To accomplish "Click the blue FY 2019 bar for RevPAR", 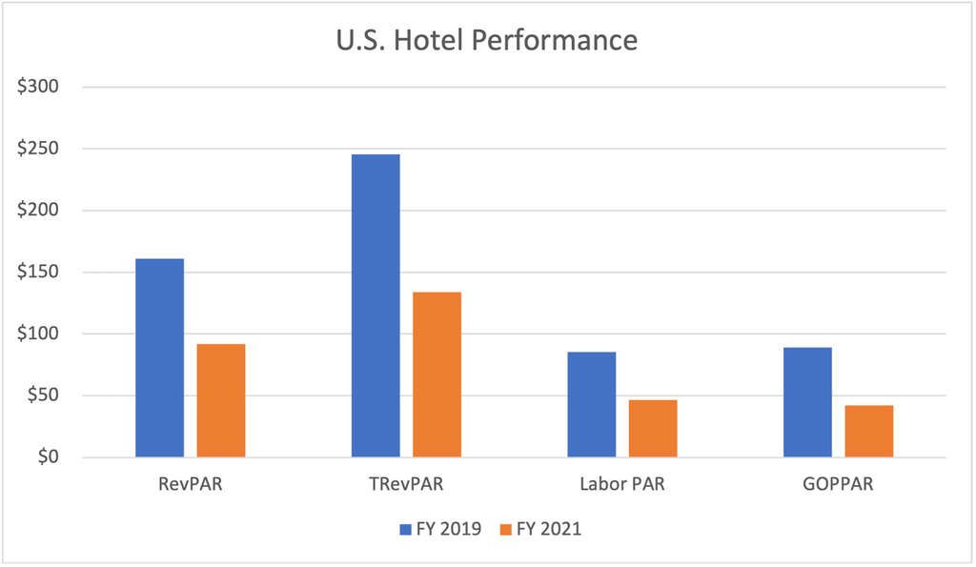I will tap(160, 357).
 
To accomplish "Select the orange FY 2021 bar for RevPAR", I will tap(221, 400).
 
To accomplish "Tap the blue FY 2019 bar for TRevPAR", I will tap(376, 305).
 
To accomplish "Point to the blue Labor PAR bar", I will tap(591, 404).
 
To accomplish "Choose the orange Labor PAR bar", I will tap(653, 428).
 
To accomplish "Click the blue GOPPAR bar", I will tap(807, 402).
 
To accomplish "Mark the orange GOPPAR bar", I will tap(868, 431).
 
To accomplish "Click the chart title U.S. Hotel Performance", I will tap(488, 40).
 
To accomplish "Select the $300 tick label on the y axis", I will tap(39, 87).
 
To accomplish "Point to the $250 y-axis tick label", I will tap(39, 149).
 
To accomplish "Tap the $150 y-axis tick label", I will tap(39, 273).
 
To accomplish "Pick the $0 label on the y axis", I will tap(48, 457).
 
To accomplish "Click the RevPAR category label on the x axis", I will tap(191, 484).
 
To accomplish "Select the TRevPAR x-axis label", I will tap(406, 484).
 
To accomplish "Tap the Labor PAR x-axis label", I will tap(622, 484).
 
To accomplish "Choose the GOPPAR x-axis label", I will tap(838, 484).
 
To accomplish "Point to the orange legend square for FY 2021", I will tap(504, 529).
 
